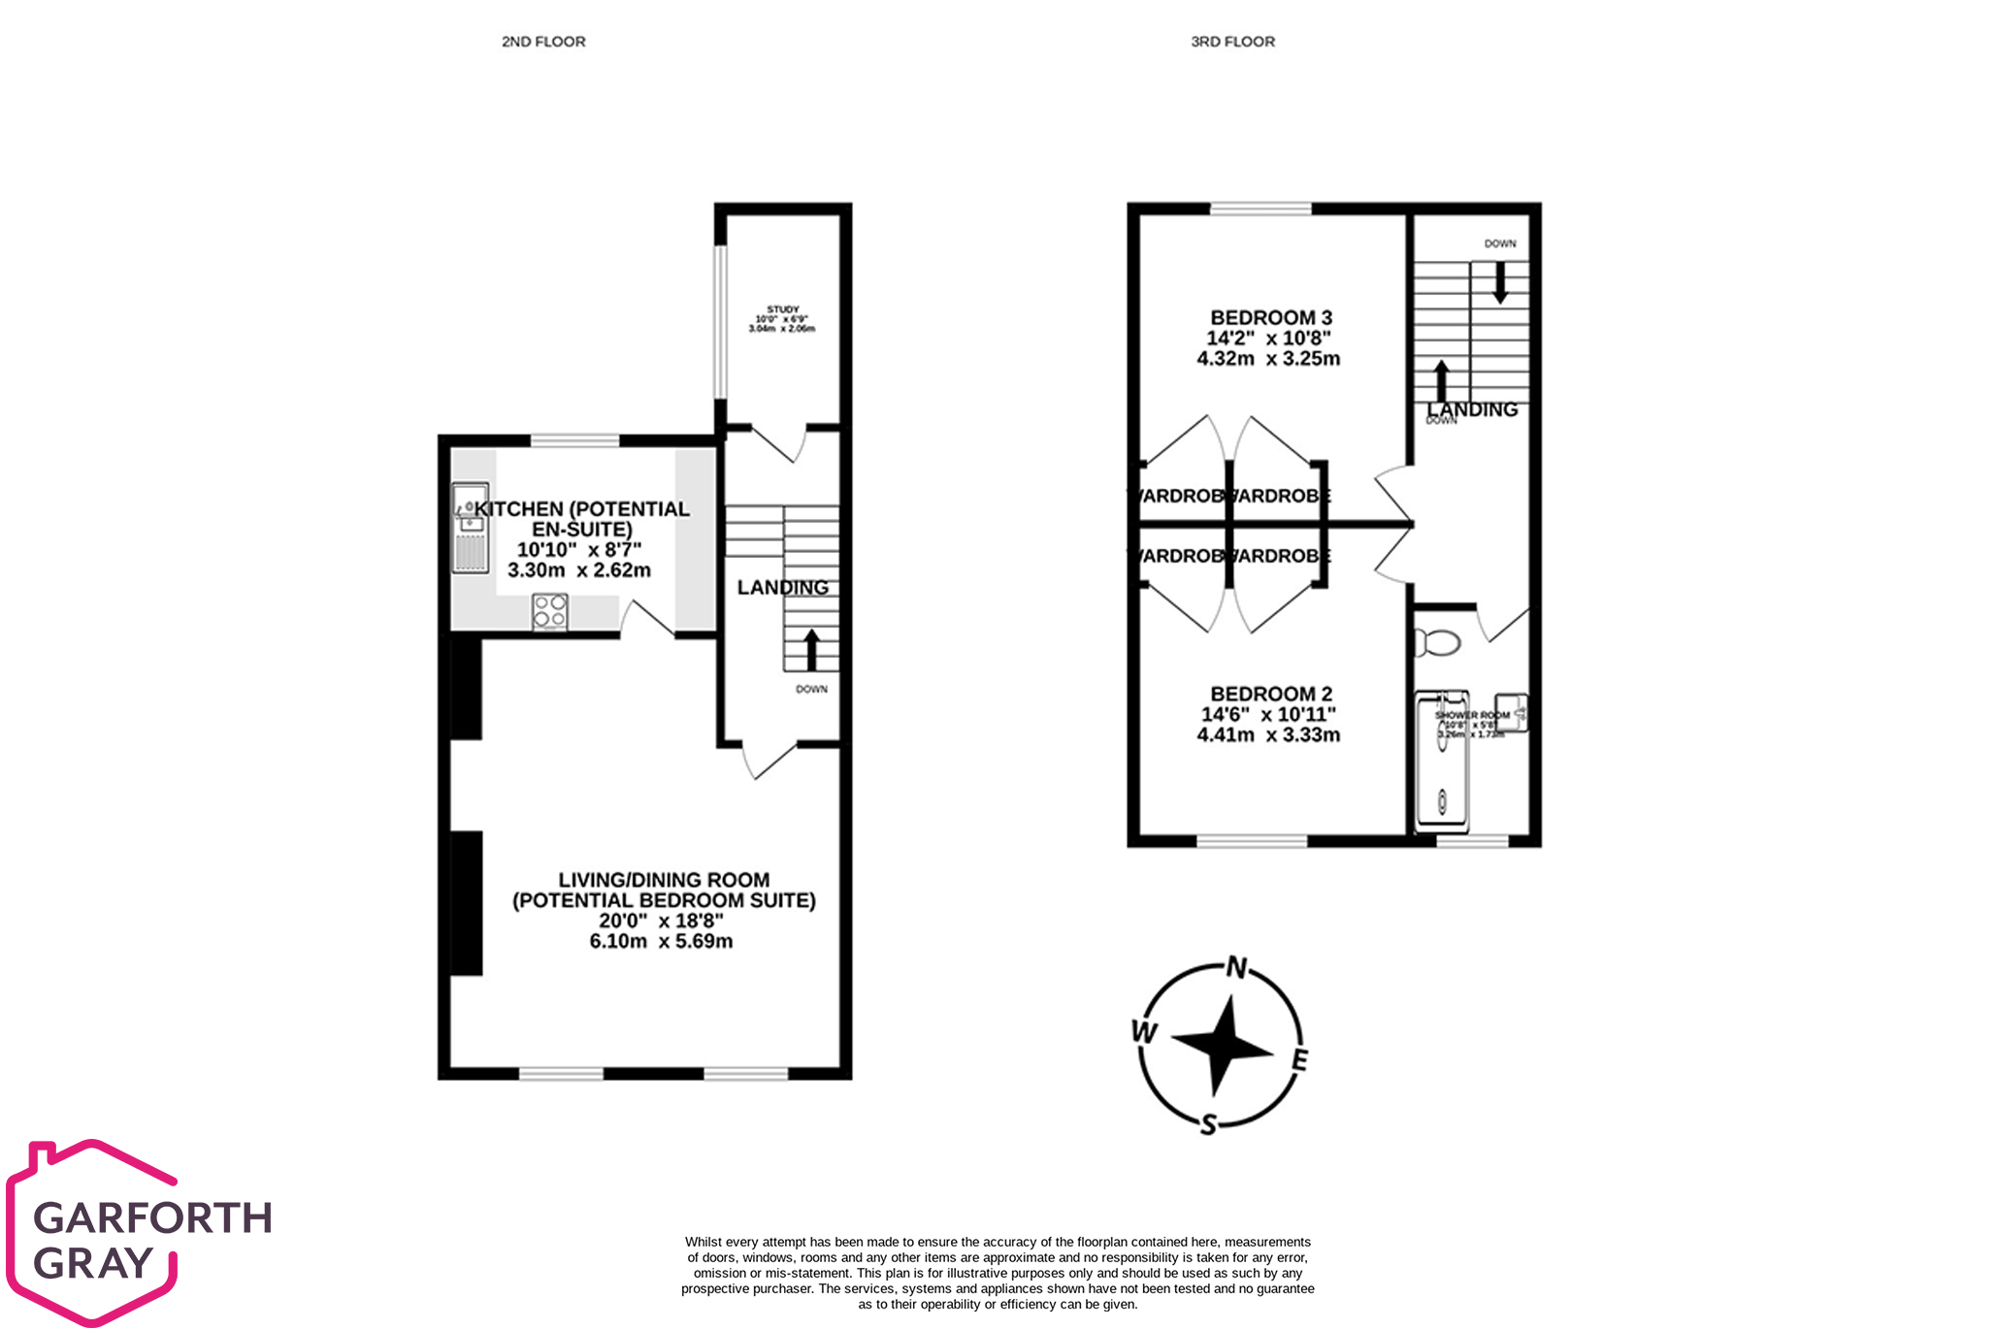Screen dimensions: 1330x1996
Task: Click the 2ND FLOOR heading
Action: pyautogui.click(x=543, y=42)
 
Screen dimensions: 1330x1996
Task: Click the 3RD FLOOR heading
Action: pyautogui.click(x=1232, y=42)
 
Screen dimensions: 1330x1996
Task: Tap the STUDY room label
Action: pyautogui.click(x=782, y=309)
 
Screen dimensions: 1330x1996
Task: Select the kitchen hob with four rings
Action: pyautogui.click(x=550, y=612)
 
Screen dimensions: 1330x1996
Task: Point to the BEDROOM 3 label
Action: pyautogui.click(x=1270, y=317)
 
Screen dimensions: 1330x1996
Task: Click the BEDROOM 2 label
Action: pyautogui.click(x=1270, y=694)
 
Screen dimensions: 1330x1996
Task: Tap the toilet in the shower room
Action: pyautogui.click(x=1438, y=642)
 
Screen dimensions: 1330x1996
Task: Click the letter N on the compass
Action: pyautogui.click(x=1236, y=967)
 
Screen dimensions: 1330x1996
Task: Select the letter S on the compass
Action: pyautogui.click(x=1208, y=1124)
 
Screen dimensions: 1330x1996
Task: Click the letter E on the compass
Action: pyautogui.click(x=1299, y=1060)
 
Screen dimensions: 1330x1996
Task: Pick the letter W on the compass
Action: pyautogui.click(x=1145, y=1032)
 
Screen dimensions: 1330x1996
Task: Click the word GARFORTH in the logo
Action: pyautogui.click(x=152, y=1217)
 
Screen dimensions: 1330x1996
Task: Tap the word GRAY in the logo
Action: pyautogui.click(x=93, y=1263)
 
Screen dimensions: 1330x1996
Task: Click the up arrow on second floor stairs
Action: pyautogui.click(x=810, y=649)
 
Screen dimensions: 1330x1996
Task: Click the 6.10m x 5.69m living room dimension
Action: pyautogui.click(x=661, y=941)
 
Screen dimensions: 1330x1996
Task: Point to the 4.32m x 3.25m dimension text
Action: pyautogui.click(x=1268, y=358)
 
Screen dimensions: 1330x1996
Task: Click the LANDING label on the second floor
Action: pyautogui.click(x=782, y=587)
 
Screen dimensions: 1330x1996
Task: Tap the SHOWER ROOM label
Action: pyautogui.click(x=1471, y=715)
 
